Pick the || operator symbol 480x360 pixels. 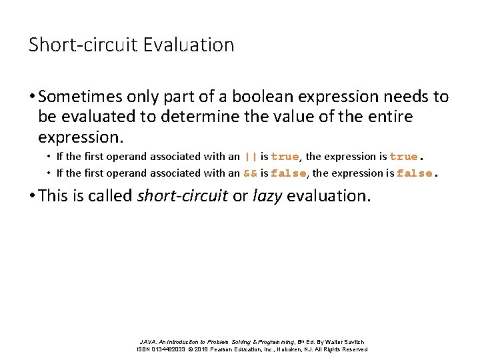pos(251,157)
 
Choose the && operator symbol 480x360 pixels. pos(251,173)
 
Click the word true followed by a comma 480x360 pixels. pos(285,157)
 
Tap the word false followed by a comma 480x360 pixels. pos(288,173)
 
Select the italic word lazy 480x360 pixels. pos(267,196)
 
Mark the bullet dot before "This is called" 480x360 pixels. pos(33,196)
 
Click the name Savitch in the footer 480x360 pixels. pos(353,342)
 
